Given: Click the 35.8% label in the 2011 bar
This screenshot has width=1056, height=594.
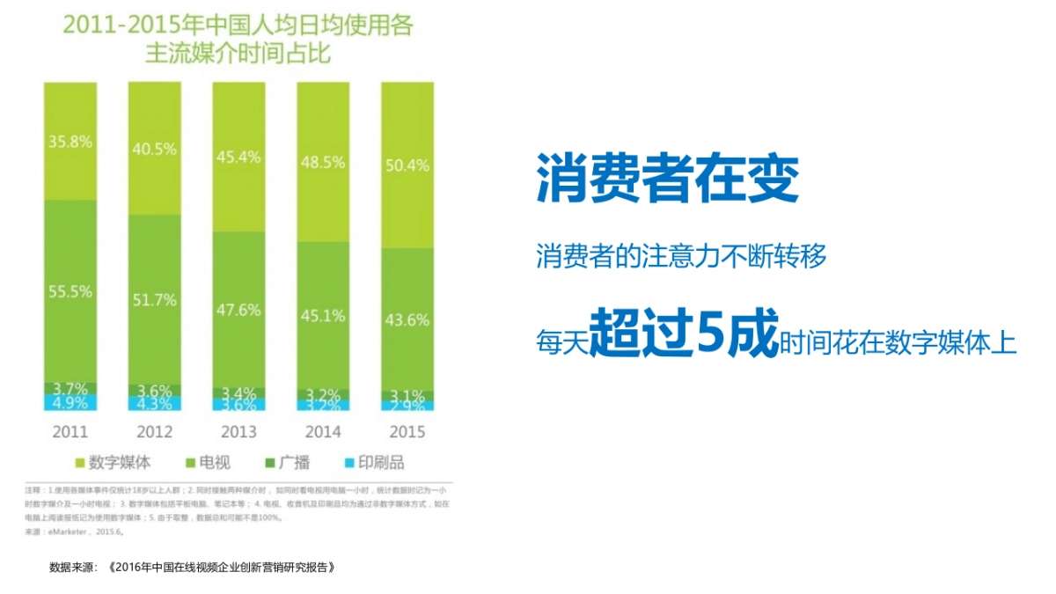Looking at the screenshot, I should pyautogui.click(x=70, y=142).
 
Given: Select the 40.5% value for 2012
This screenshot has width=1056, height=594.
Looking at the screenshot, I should pyautogui.click(x=154, y=149).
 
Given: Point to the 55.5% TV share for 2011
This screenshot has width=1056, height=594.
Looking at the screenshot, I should pyautogui.click(x=70, y=291).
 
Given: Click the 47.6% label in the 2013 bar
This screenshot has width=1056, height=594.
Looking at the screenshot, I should pyautogui.click(x=238, y=310).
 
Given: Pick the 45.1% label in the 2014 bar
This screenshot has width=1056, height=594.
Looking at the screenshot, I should pyautogui.click(x=322, y=315).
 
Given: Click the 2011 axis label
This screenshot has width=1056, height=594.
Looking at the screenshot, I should pyautogui.click(x=70, y=432).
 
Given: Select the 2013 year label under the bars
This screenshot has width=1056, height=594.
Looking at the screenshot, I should pyautogui.click(x=238, y=432).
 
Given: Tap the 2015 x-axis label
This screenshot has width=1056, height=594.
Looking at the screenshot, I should pyautogui.click(x=407, y=432).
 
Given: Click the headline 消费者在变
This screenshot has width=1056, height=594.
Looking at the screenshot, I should pyautogui.click(x=668, y=181).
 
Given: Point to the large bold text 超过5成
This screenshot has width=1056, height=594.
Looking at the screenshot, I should pyautogui.click(x=684, y=334).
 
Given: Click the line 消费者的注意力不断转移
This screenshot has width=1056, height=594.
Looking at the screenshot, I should pyautogui.click(x=682, y=257).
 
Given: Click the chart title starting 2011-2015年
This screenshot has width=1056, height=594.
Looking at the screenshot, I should pyautogui.click(x=238, y=40).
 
